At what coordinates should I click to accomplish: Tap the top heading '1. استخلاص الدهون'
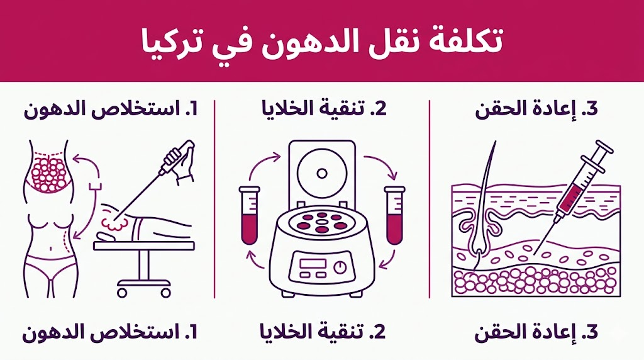tap(111, 110)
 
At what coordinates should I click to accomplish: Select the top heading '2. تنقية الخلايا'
tap(324, 108)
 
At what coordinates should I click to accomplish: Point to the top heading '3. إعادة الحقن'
tap(536, 110)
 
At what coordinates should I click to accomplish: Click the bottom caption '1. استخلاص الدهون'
tap(109, 332)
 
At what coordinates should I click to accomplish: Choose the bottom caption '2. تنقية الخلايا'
tap(323, 332)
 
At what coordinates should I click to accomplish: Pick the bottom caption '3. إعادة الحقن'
tap(536, 332)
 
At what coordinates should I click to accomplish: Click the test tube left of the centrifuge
tap(249, 215)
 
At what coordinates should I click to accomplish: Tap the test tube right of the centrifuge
tap(395, 215)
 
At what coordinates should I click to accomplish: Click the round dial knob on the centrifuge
tap(340, 267)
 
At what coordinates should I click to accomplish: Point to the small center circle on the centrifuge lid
tap(322, 174)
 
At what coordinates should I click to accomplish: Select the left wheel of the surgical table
tap(122, 293)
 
